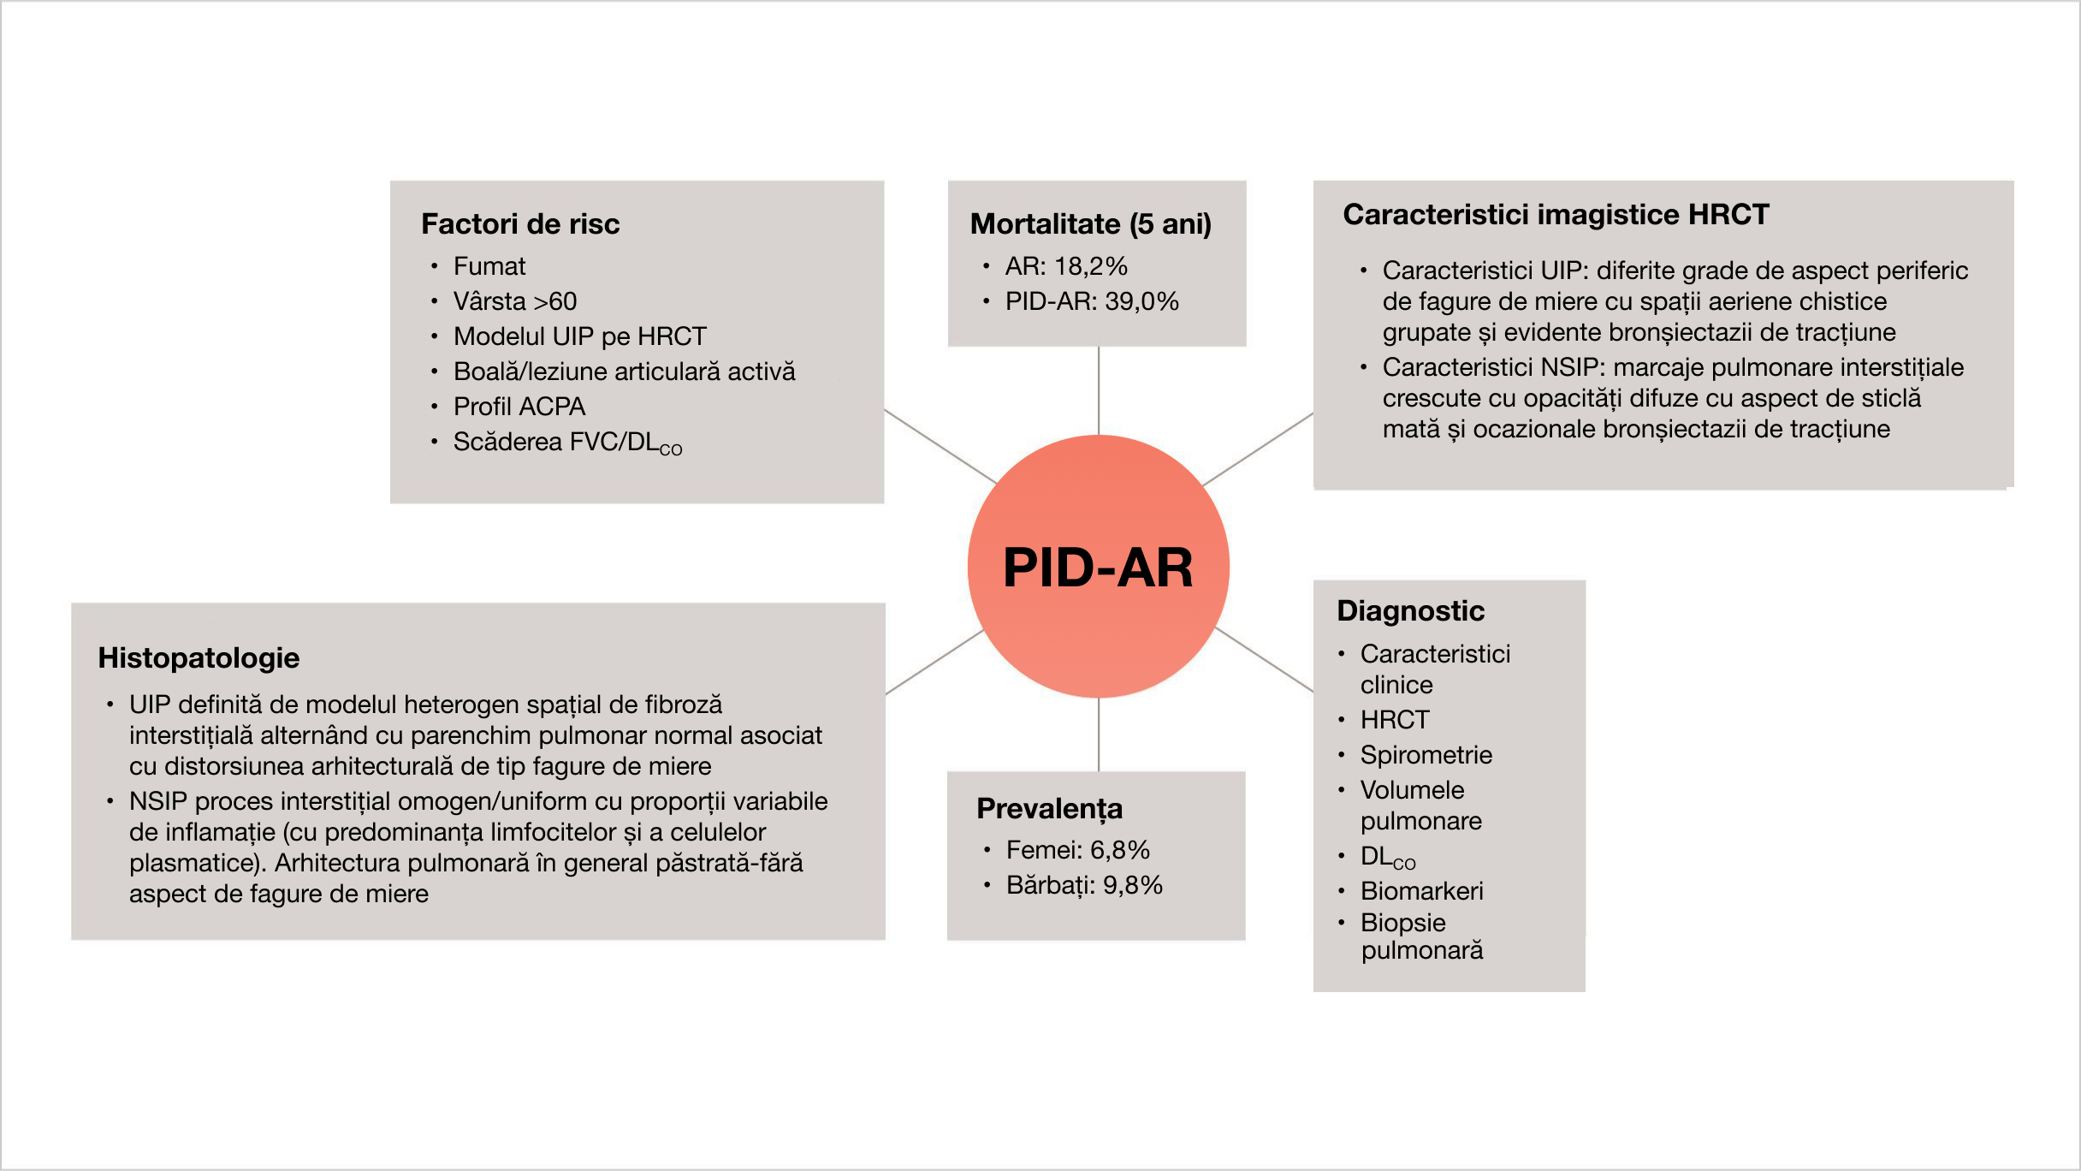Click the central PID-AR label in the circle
tap(1098, 568)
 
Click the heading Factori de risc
tap(520, 224)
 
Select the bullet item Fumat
tap(489, 266)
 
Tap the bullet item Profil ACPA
tap(519, 407)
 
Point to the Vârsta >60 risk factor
tap(515, 301)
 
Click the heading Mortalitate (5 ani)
tap(1091, 224)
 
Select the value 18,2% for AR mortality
tap(1091, 266)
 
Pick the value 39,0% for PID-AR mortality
tap(1141, 301)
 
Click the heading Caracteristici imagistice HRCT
tap(1556, 215)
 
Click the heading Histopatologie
tap(199, 658)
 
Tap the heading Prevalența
tap(1049, 809)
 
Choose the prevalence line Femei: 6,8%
tap(1078, 850)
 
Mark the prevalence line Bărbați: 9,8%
tap(1084, 885)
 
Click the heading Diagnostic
tap(1410, 611)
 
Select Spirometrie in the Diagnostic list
tap(1426, 755)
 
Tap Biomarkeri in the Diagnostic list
tap(1422, 891)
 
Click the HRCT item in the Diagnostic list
tap(1395, 720)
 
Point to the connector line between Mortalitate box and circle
tap(1099, 389)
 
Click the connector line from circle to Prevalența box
tap(1099, 734)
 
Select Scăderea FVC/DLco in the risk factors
tap(567, 443)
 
